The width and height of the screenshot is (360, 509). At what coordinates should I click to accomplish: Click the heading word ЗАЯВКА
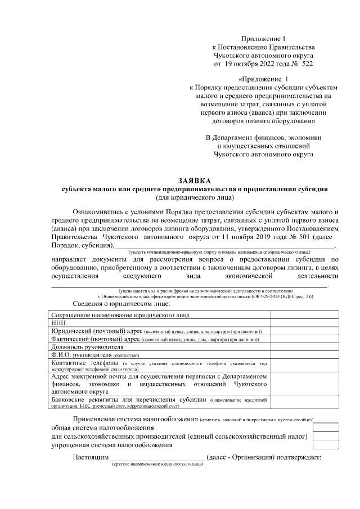tap(194, 181)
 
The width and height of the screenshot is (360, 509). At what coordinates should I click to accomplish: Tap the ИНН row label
tap(58, 323)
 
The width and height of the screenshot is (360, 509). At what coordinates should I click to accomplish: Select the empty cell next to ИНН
tap(304, 323)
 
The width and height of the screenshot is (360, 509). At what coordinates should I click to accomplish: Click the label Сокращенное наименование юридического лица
tap(120, 315)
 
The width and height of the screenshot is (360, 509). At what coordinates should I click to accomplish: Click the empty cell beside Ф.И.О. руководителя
tap(304, 356)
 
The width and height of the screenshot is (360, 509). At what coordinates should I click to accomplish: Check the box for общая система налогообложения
tap(326, 427)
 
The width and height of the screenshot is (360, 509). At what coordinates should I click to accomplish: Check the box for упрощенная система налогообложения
tap(326, 444)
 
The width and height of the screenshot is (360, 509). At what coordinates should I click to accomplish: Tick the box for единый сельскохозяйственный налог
tap(326, 436)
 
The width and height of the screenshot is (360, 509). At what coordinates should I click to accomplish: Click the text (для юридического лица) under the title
tap(194, 197)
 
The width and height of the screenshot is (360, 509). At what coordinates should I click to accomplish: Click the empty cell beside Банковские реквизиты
tap(304, 402)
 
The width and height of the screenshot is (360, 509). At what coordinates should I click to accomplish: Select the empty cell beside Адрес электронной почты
tap(304, 384)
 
